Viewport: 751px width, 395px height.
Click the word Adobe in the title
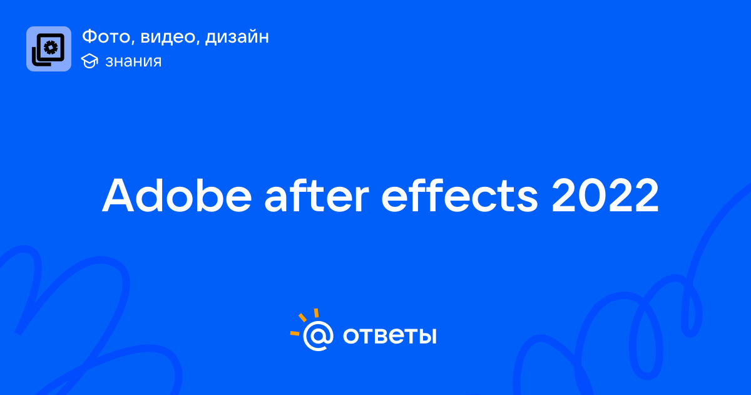coord(176,195)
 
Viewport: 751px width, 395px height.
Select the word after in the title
coord(317,195)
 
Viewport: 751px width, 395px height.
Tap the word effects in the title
coord(459,195)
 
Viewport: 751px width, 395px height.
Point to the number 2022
coord(605,195)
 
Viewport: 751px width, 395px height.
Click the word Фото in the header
coord(108,36)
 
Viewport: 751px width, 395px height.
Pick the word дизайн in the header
coord(237,37)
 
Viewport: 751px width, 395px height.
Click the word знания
coord(133,61)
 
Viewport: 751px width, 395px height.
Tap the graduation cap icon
coord(89,61)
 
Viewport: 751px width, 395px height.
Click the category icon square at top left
coord(49,49)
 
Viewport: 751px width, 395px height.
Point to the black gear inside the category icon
coord(51,48)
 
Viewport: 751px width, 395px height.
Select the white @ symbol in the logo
coord(318,335)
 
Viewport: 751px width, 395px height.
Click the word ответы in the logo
coord(389,335)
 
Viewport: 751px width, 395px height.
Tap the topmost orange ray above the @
coord(316,313)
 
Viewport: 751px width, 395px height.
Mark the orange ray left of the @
coord(295,333)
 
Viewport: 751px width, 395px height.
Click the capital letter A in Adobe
coord(118,196)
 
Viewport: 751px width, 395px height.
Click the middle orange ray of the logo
coord(302,317)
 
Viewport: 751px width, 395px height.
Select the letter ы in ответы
coord(426,336)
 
